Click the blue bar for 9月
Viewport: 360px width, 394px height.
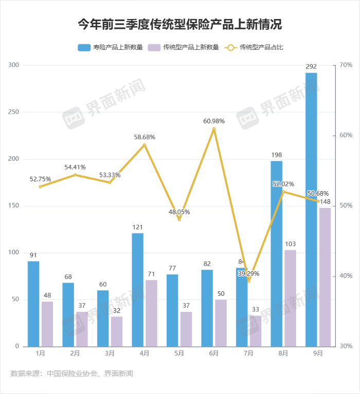[x=311, y=209]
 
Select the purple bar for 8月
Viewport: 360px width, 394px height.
[x=290, y=298]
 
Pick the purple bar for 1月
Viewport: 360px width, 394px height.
[x=47, y=324]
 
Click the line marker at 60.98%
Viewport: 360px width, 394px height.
[x=214, y=128]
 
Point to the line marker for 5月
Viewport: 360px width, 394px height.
[x=179, y=219]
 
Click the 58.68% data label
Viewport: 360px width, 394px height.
[x=145, y=137]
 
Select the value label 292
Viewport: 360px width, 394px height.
[x=311, y=67]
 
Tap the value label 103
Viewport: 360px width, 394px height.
[x=291, y=243]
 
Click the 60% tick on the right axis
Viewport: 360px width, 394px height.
[x=345, y=136]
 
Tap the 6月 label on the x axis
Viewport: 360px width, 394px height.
[x=214, y=353]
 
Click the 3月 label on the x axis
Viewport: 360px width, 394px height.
[x=110, y=353]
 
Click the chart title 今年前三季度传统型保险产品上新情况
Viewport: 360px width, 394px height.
[x=179, y=24]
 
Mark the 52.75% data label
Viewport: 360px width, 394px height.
[x=41, y=179]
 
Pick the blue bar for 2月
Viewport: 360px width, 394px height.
[x=68, y=314]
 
